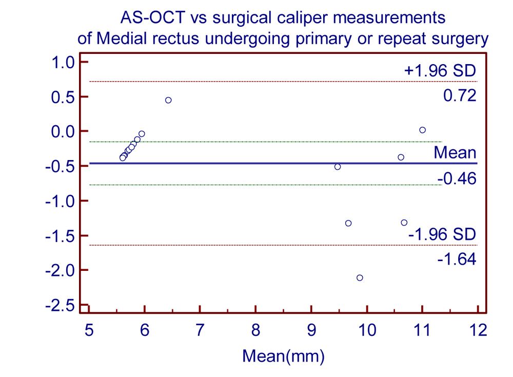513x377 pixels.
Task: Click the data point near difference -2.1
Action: pyautogui.click(x=360, y=277)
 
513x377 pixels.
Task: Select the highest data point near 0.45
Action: pyautogui.click(x=168, y=100)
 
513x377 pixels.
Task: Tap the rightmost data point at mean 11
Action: pyautogui.click(x=423, y=130)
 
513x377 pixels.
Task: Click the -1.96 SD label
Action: pyautogui.click(x=442, y=234)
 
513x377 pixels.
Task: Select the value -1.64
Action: pyautogui.click(x=457, y=259)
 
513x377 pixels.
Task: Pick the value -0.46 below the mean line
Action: pyautogui.click(x=457, y=178)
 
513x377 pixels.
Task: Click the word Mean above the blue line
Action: pyautogui.click(x=455, y=152)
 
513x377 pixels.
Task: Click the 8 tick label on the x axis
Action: pyautogui.click(x=255, y=330)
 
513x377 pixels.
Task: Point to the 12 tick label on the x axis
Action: pyautogui.click(x=478, y=330)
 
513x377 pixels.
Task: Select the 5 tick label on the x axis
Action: pyautogui.click(x=89, y=330)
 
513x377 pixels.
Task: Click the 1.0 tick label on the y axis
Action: pyautogui.click(x=64, y=62)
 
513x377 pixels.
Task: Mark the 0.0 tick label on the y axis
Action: pyautogui.click(x=64, y=131)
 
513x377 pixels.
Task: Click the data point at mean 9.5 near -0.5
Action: pyautogui.click(x=338, y=167)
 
